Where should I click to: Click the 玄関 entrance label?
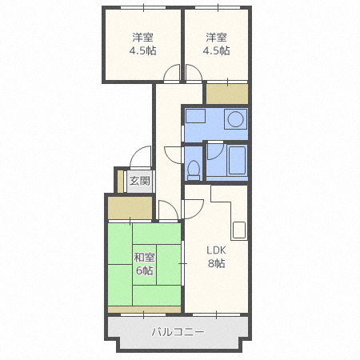coord(139,181)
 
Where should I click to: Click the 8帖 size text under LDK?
coord(218,264)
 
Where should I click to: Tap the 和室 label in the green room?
coord(144,257)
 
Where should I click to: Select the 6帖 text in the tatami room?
coord(144,270)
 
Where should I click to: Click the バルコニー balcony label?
coord(178,332)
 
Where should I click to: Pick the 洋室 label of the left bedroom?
coord(143,37)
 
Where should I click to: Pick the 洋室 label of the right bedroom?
coord(217,37)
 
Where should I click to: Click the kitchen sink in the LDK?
coord(240,229)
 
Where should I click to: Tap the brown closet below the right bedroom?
coord(226,94)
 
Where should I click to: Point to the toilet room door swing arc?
coord(174,154)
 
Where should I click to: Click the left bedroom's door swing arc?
coord(171,77)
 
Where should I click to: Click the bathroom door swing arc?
coord(214,151)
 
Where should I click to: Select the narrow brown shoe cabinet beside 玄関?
coord(119,181)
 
